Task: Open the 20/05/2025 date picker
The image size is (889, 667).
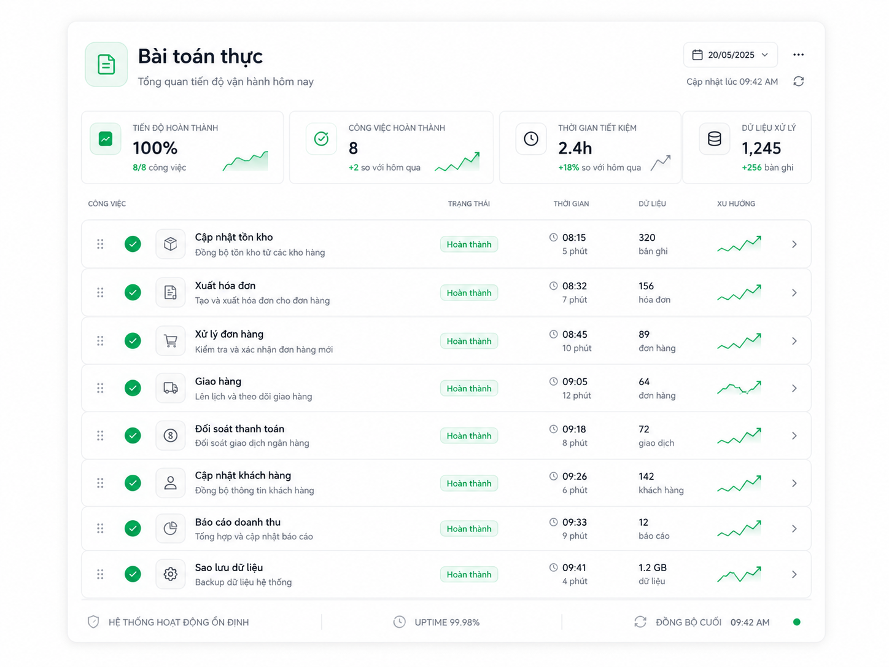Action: coord(730,55)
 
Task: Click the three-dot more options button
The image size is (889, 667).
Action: coord(798,55)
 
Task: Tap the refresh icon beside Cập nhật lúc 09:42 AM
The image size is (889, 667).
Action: coord(798,82)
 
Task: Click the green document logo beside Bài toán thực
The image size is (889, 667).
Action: coord(106,64)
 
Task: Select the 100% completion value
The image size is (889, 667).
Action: coord(155,148)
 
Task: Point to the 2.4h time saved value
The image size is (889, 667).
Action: coord(575,148)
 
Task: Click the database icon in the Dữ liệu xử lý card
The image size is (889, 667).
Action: coord(714,139)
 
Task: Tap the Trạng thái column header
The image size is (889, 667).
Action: coord(468,204)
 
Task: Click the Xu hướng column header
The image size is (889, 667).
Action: coord(736,204)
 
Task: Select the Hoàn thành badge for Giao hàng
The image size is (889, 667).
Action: coord(469,388)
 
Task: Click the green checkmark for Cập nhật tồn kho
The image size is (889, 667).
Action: coord(133,244)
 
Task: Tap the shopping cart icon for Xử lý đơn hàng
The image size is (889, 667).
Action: coord(171,341)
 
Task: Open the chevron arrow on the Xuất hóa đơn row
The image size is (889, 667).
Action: coord(794,293)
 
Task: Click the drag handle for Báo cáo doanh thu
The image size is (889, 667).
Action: coord(100,528)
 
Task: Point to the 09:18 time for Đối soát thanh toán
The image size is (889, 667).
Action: coord(574,429)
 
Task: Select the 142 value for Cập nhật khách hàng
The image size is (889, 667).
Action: coord(646,476)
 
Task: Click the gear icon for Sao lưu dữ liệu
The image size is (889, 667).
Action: coord(171,574)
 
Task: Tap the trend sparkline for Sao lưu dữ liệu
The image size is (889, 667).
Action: coord(739,574)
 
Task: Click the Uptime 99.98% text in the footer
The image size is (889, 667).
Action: coord(447,622)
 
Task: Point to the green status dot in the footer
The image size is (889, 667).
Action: coord(796,622)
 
